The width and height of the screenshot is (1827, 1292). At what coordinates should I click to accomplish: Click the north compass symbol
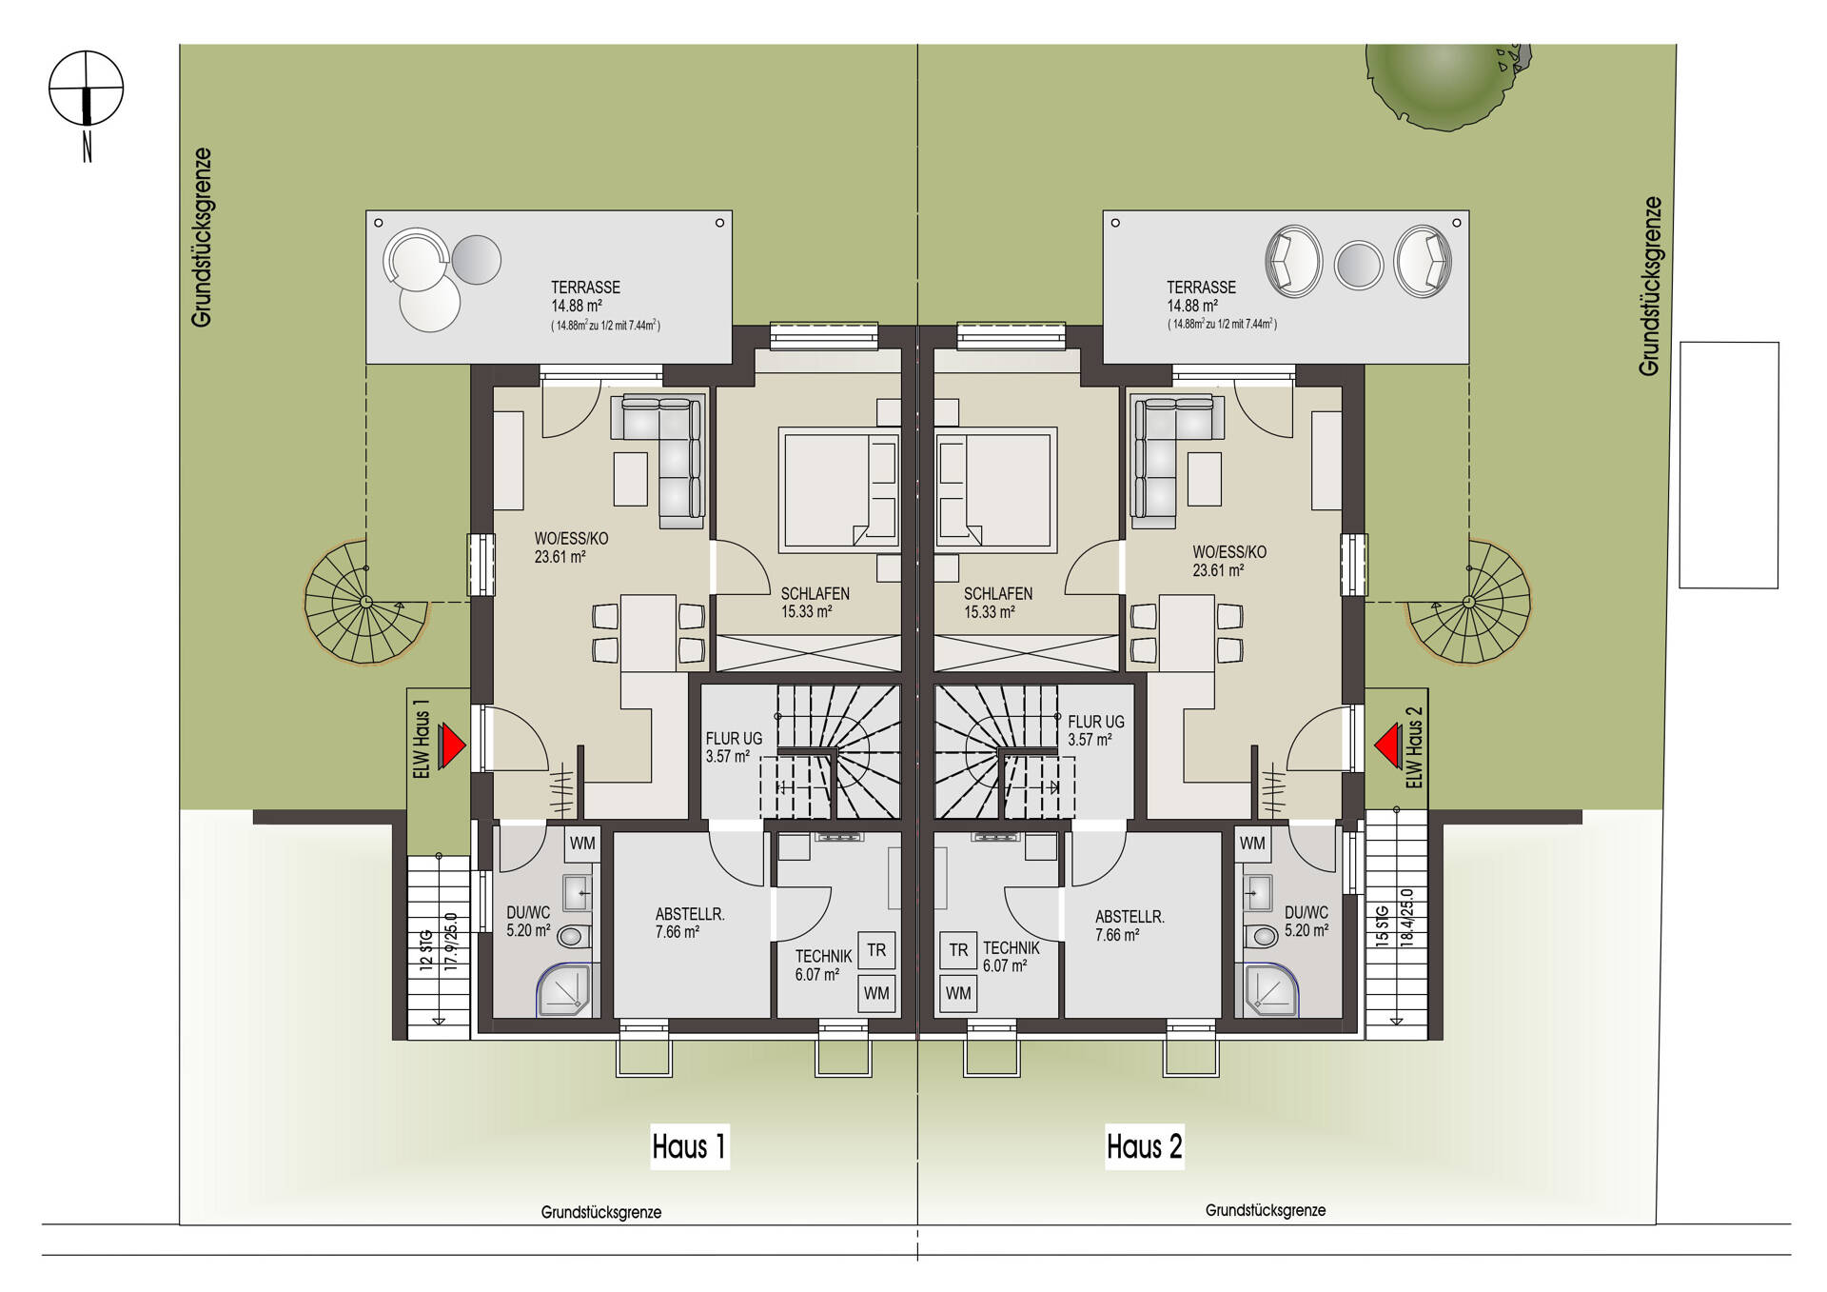tap(86, 89)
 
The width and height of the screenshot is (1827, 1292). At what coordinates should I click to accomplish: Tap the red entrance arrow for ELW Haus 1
tap(452, 745)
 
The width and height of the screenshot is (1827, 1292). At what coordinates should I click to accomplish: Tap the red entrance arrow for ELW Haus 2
tap(1387, 745)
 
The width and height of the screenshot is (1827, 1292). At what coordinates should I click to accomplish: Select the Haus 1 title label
tap(689, 1146)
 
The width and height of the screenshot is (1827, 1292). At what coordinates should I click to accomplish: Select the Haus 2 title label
tap(1144, 1146)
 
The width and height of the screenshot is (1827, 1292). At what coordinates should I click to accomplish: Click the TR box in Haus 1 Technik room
tap(876, 949)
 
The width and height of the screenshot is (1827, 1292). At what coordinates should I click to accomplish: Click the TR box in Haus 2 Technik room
tap(958, 949)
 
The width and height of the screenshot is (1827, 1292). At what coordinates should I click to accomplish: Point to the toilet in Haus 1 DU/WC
tap(573, 937)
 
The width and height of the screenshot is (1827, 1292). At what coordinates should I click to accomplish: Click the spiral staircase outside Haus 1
tap(365, 603)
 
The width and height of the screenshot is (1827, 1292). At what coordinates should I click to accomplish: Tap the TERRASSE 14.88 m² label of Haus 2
tap(1201, 296)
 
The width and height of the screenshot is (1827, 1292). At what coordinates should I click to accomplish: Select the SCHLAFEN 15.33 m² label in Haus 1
tap(815, 602)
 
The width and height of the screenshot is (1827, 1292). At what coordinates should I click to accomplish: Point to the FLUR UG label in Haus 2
tap(1095, 730)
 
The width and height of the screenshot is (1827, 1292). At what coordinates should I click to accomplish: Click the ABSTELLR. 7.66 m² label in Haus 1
tap(689, 923)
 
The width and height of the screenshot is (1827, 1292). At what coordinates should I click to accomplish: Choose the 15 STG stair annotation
tap(1382, 924)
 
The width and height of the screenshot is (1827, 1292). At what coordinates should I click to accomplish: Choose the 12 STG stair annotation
tap(426, 947)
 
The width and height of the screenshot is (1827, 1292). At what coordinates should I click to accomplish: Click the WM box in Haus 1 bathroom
tap(582, 843)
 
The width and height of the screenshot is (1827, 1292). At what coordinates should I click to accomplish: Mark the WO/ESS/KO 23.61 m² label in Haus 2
tap(1228, 561)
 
